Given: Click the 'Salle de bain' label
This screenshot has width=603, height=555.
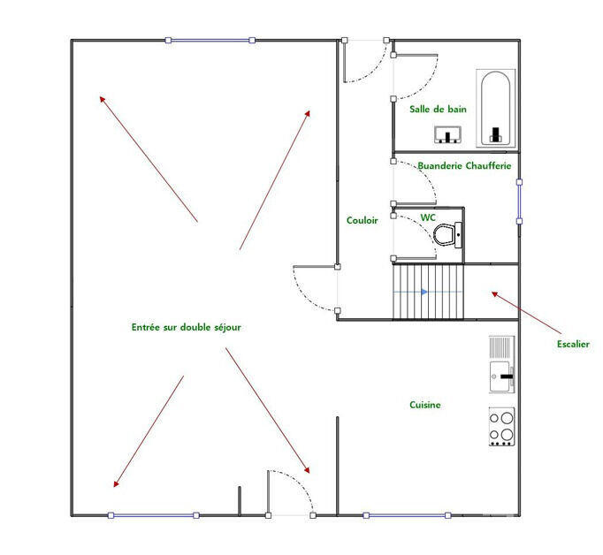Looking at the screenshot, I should [438, 110].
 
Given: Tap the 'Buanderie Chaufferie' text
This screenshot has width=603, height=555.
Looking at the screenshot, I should [464, 165].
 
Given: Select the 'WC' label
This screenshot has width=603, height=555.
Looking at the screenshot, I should [427, 217].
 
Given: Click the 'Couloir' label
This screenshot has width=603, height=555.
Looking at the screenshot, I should [362, 220].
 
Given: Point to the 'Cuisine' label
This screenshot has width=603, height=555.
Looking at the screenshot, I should [424, 405].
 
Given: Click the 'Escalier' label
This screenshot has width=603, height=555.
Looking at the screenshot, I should [573, 344].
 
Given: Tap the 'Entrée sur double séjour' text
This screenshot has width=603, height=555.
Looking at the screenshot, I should [186, 327].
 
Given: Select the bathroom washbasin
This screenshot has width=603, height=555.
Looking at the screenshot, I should [449, 134].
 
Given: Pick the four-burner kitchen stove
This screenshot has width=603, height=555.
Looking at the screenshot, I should [501, 426].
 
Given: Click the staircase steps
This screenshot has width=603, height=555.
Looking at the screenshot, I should [428, 292].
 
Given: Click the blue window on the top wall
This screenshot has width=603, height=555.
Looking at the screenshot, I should [210, 40].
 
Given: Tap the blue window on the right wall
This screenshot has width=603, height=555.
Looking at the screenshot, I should [519, 202].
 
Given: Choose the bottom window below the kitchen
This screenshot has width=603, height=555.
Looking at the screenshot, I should [405, 515].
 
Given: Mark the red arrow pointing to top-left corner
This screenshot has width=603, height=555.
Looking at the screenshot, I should [148, 157].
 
